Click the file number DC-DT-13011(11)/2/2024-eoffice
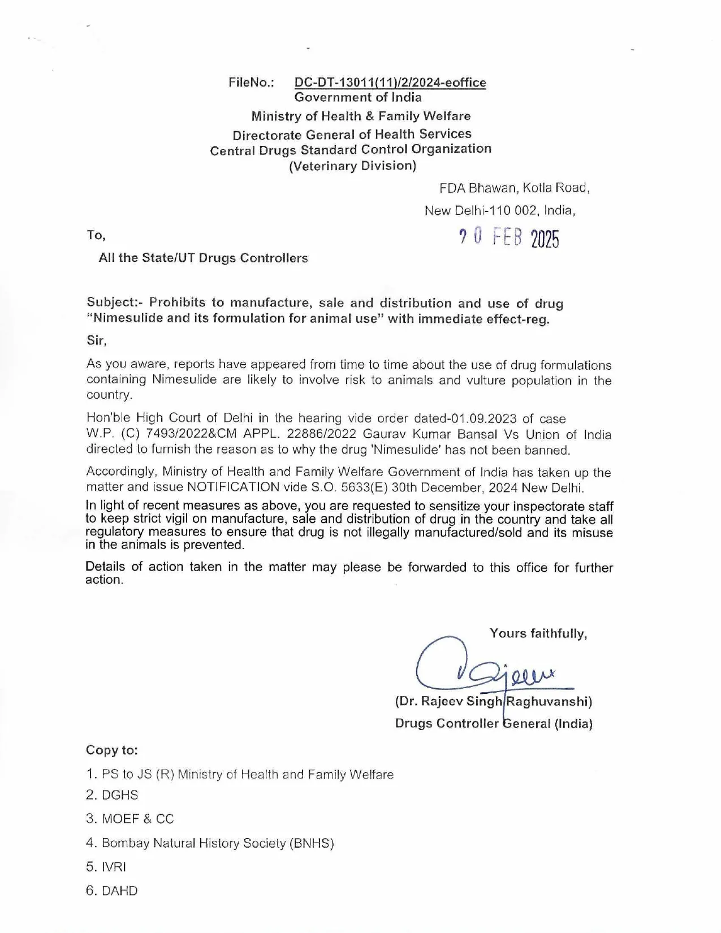tap(390, 83)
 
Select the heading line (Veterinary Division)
tap(352, 166)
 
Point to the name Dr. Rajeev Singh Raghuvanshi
tap(493, 702)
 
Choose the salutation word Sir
tap(96, 340)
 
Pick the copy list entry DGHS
tap(119, 795)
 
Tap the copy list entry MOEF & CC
tap(137, 819)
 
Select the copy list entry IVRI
tap(114, 867)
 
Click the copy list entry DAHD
tap(119, 891)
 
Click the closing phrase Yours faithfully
tap(538, 633)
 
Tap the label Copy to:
tap(112, 750)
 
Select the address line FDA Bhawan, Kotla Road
tap(514, 188)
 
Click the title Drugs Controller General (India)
tap(494, 723)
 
